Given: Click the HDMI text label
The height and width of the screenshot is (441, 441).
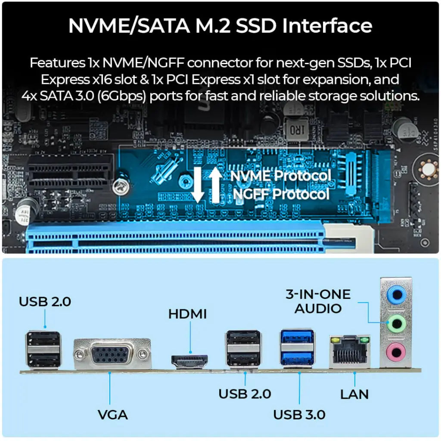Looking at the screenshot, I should (x=187, y=314).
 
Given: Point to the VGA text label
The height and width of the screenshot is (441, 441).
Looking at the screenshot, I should (x=113, y=415).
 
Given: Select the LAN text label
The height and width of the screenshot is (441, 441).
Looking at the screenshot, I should (x=354, y=394).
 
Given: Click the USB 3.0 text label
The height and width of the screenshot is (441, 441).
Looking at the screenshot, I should (x=299, y=415).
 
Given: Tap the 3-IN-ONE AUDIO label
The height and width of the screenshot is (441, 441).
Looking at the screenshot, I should (x=318, y=301).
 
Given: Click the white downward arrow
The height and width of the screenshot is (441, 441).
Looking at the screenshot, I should (x=198, y=184).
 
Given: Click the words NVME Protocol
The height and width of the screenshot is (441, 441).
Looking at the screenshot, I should (x=281, y=176).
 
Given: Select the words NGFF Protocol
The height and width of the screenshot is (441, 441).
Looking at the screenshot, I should (x=281, y=194).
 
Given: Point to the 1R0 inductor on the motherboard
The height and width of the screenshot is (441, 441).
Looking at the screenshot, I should (x=296, y=129).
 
